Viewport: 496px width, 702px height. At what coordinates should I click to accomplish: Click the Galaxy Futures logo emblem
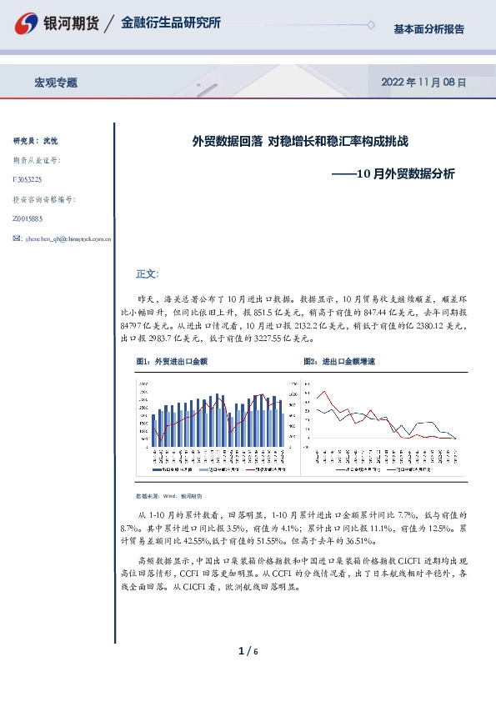[x=28, y=23]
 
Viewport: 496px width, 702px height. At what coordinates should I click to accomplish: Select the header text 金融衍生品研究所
[x=171, y=23]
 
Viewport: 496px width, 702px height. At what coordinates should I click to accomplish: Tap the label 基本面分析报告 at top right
[x=428, y=28]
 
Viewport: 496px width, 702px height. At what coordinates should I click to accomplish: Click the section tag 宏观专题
[x=55, y=83]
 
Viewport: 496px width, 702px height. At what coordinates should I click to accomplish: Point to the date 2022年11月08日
[x=423, y=83]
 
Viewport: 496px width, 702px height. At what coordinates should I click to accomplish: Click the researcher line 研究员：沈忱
[x=36, y=141]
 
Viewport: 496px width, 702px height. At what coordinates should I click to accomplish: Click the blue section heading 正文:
[x=147, y=273]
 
